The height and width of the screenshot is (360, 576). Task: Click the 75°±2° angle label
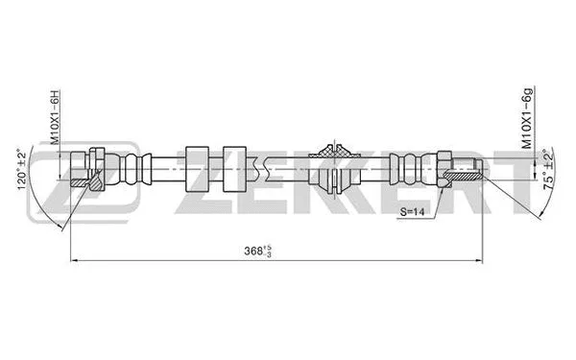tap(548, 170)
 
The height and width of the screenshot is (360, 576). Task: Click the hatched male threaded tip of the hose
tap(468, 169)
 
